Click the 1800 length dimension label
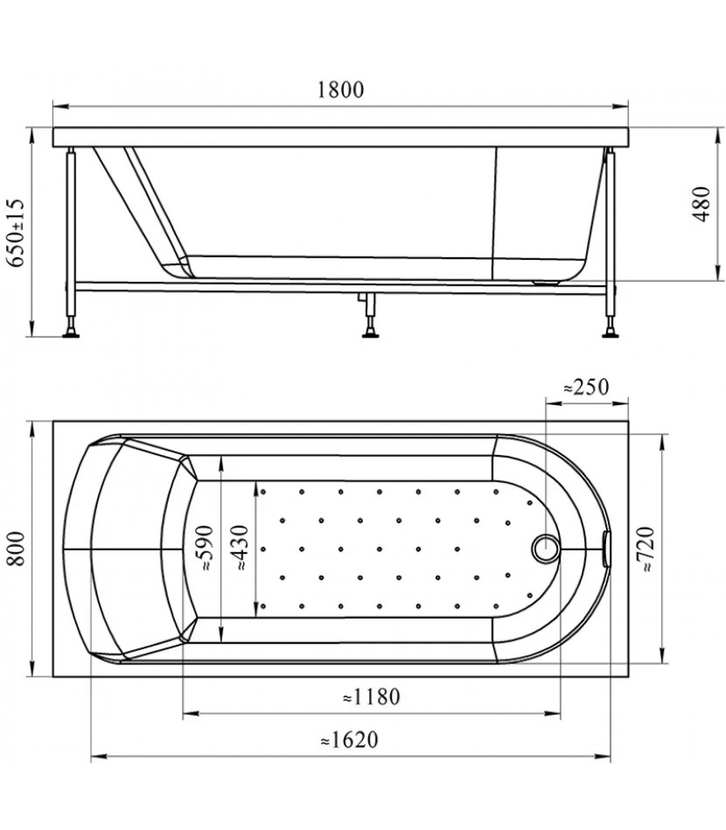[340, 90]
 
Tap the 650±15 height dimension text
[17, 232]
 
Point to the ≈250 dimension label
[586, 387]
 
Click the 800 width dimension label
[17, 549]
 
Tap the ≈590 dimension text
[205, 549]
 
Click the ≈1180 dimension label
[371, 697]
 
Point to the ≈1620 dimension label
[350, 740]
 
